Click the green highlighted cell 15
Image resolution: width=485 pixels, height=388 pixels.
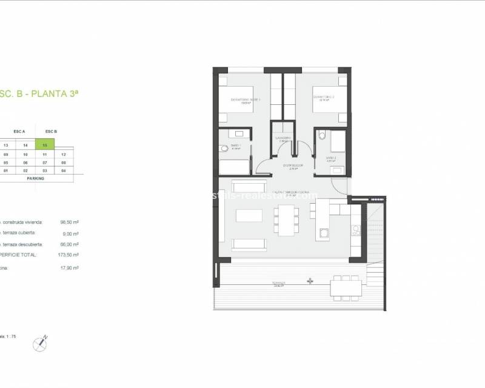(45, 145)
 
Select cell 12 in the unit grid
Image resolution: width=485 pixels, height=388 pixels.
(63, 155)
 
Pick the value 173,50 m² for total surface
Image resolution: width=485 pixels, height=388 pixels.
(70, 255)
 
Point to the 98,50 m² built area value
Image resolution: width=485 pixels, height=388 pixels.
(70, 222)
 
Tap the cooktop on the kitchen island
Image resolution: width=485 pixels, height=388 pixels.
(323, 232)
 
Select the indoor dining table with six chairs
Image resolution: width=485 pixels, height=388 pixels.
(286, 219)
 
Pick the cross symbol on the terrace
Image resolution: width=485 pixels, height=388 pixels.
(310, 281)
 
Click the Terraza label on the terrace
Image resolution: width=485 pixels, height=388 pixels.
(279, 283)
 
